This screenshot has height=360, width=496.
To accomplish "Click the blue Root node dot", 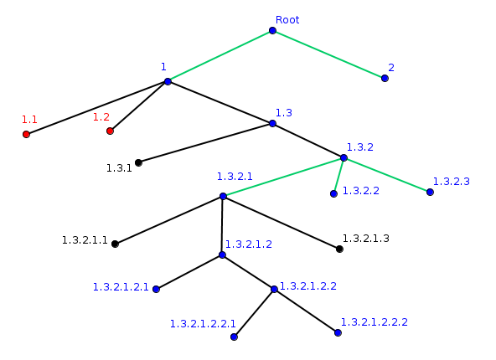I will tap(272, 31).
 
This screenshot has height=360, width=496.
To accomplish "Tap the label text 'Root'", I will tap(287, 19).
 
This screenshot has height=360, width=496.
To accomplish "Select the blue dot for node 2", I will tap(385, 78).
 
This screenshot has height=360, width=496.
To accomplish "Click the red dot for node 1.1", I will tap(27, 134).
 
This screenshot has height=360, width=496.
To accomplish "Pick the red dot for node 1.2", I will tap(110, 131).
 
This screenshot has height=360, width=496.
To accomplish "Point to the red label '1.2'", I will tap(101, 117).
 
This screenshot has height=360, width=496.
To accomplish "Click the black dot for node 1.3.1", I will tap(138, 162).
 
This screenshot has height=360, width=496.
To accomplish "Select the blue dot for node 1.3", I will tap(272, 123).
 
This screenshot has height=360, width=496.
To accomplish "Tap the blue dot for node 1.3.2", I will tap(344, 157).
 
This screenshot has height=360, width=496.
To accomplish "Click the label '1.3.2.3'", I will tap(451, 181).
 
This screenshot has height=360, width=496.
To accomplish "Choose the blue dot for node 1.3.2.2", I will tap(333, 193).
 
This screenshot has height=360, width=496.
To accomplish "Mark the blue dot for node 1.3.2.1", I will tap(223, 196).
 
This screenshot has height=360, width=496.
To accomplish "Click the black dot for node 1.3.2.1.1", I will tap(115, 244).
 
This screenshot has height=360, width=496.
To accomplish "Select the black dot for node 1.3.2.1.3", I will tap(339, 249).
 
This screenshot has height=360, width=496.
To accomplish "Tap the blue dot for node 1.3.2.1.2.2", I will tap(274, 290).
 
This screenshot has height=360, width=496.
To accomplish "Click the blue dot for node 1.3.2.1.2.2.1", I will tap(234, 337).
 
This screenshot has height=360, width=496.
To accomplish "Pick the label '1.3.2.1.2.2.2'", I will tap(375, 321).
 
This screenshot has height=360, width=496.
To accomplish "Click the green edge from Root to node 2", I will tap(328, 54).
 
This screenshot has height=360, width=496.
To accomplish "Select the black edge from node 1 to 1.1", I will tap(97, 108).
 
